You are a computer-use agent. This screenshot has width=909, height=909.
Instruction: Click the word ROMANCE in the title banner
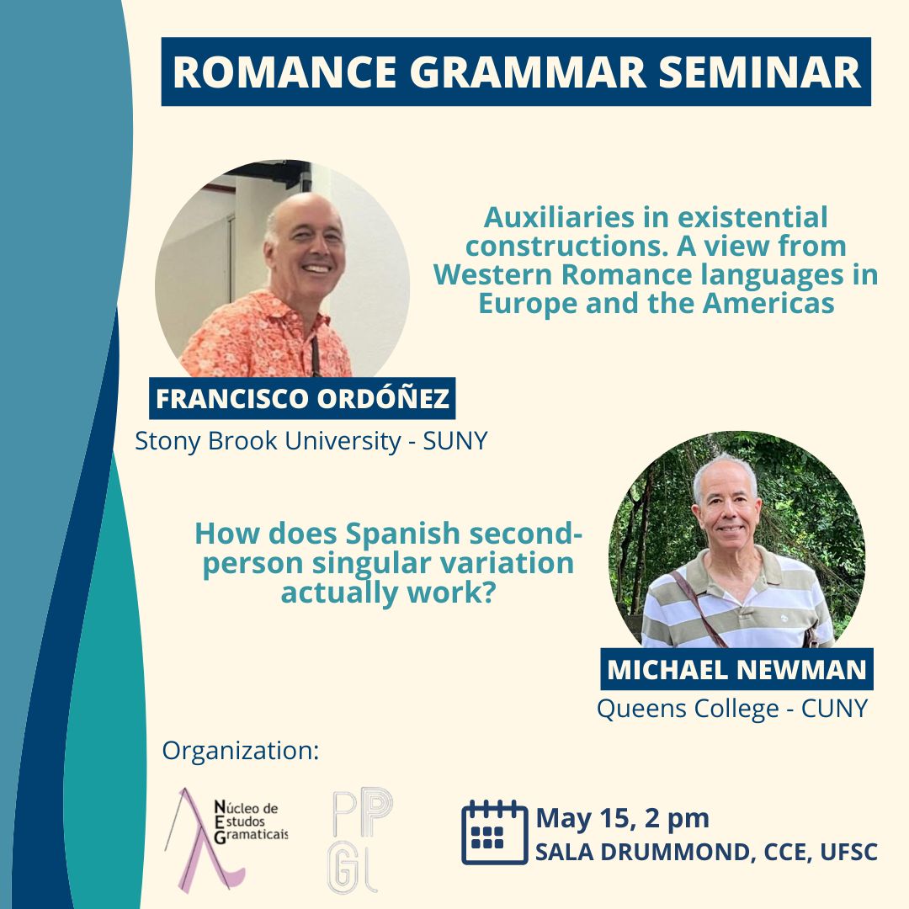pyautogui.click(x=284, y=72)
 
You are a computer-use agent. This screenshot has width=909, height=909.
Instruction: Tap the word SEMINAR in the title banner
pyautogui.click(x=759, y=72)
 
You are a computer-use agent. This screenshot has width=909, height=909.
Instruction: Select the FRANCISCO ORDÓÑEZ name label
pyautogui.click(x=302, y=398)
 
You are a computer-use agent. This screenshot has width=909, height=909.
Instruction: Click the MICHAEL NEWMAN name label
pyautogui.click(x=736, y=670)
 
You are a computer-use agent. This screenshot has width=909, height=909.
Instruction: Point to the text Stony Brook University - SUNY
pyautogui.click(x=311, y=441)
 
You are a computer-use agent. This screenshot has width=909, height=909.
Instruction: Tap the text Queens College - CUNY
pyautogui.click(x=732, y=709)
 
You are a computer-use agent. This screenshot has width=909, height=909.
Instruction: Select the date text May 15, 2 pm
pyautogui.click(x=623, y=819)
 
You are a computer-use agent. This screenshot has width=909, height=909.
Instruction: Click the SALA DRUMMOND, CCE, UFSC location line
pyautogui.click(x=706, y=852)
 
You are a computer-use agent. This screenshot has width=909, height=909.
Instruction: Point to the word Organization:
pyautogui.click(x=241, y=751)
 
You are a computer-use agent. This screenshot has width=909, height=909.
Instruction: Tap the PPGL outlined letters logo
pyautogui.click(x=360, y=841)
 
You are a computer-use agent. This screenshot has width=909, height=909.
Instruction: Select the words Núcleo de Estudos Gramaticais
pyautogui.click(x=251, y=822)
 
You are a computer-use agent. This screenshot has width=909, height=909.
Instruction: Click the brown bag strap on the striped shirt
pyautogui.click(x=698, y=609)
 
